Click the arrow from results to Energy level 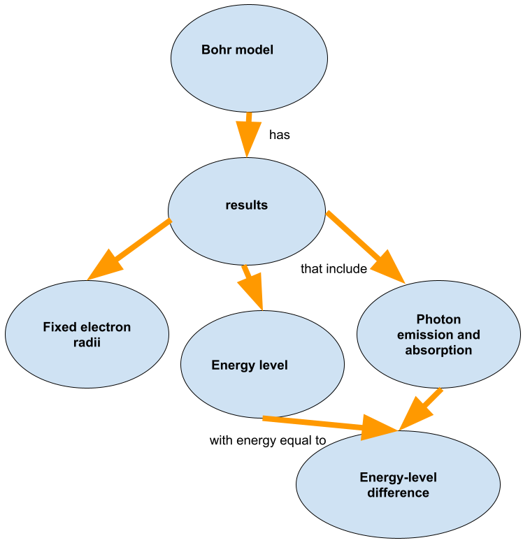pyautogui.click(x=252, y=286)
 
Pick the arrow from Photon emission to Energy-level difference pyautogui.click(x=423, y=409)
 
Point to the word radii pyautogui.click(x=87, y=342)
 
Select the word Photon pyautogui.click(x=438, y=319)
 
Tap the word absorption pyautogui.click(x=438, y=350)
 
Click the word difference pyautogui.click(x=398, y=493)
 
